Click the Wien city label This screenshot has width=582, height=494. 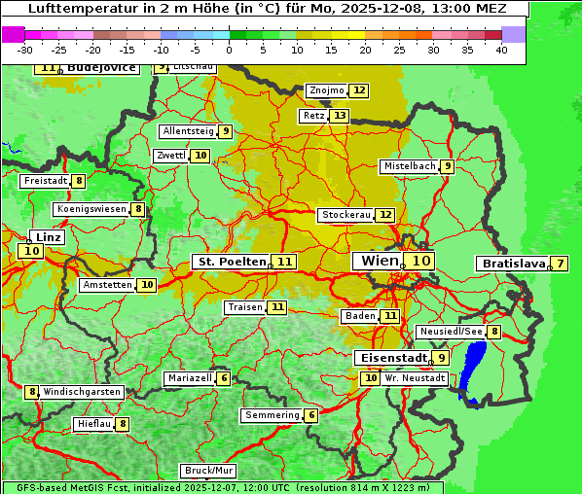coord(380,261)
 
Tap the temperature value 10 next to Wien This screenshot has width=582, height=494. coord(420,261)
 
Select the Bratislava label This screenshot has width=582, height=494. coord(511,264)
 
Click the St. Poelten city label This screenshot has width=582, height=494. coord(232,262)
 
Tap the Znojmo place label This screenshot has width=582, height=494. coord(326,90)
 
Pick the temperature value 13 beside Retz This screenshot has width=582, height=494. coord(339,116)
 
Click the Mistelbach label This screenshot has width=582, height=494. coord(410,166)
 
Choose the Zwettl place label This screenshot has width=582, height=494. coord(170,156)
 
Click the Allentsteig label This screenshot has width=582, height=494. coord(188,131)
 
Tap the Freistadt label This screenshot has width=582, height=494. coord(45,181)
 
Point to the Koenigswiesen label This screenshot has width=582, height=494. coord(91,209)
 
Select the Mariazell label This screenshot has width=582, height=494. coord(190,378)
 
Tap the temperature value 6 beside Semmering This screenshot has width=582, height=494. coord(311,415)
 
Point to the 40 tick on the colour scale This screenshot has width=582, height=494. coord(501,50)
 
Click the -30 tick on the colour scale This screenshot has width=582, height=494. coord(25,50)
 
